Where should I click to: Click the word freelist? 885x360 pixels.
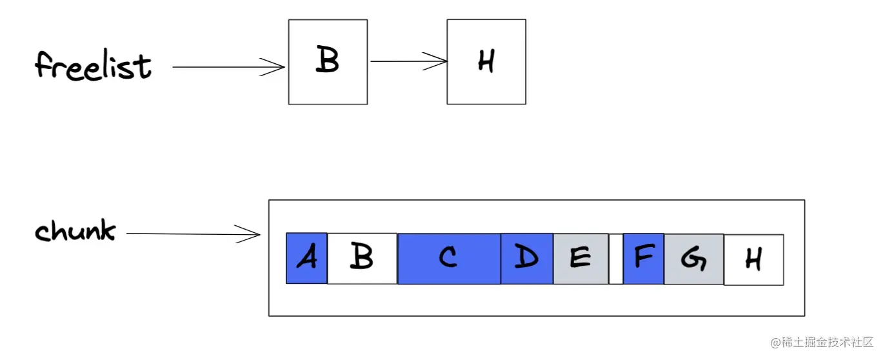(93, 66)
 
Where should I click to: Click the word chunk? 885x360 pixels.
(75, 231)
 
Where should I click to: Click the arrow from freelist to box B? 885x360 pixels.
(226, 66)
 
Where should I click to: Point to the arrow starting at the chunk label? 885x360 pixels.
(187, 234)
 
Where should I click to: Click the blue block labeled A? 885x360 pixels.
(306, 258)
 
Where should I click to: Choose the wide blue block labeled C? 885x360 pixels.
(449, 258)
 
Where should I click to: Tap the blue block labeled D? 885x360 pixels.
(527, 258)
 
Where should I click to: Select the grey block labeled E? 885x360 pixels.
(581, 258)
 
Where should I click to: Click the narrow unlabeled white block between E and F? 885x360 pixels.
(616, 259)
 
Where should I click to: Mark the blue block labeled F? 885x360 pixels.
(643, 258)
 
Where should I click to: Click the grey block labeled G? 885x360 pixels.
(693, 259)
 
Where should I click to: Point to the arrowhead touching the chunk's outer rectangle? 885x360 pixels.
(251, 235)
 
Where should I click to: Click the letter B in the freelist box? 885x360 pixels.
(328, 61)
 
